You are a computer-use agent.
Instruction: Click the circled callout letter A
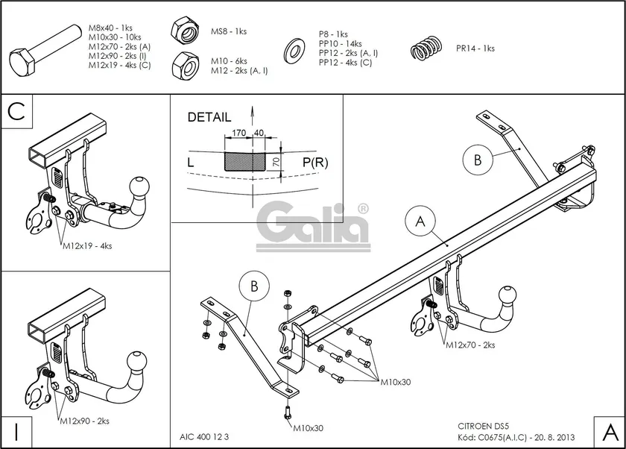pos(420,222)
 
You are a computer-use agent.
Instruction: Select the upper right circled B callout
pos(477,158)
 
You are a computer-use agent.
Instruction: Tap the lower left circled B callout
pos(254,287)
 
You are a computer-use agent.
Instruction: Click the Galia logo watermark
pos(313,224)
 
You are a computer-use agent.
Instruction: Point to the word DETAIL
pos(209,117)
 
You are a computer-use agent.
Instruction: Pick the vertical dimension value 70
pos(276,162)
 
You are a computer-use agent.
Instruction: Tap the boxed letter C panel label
pos(17,112)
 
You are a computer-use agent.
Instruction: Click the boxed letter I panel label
pos(16,430)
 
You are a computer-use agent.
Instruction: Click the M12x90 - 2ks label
pos(84,421)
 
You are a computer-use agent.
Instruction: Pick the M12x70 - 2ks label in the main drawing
pos(470,345)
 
